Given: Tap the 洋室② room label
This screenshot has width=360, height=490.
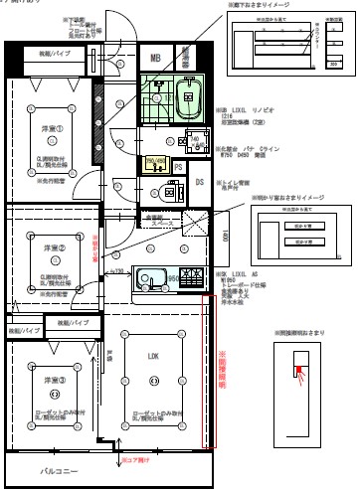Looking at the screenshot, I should [x=53, y=247].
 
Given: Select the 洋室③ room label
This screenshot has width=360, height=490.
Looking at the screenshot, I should [x=53, y=380].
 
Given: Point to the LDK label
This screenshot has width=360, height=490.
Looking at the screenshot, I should [x=154, y=358].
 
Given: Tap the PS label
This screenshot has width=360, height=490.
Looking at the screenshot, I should [x=178, y=168].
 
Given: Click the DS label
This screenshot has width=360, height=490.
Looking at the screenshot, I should [x=199, y=182].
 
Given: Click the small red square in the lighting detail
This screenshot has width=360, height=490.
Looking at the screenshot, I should [x=296, y=373].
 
